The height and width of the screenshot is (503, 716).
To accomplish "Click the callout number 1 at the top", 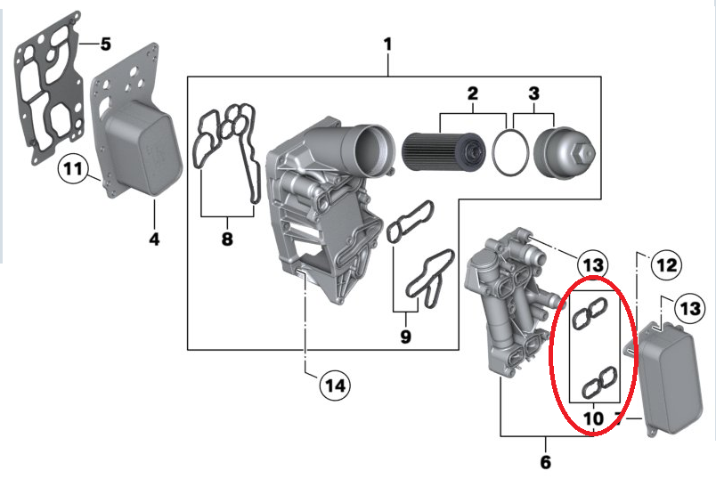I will click(387, 44).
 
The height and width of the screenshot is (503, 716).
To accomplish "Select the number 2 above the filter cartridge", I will click(473, 93).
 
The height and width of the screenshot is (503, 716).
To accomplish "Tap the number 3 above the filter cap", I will click(534, 93).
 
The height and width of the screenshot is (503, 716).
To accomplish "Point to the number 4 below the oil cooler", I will click(154, 239).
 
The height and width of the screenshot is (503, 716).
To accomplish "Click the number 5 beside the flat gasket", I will click(105, 44).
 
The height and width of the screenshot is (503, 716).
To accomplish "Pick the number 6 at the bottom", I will click(545, 462).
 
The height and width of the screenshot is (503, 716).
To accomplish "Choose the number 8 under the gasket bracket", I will click(226, 239).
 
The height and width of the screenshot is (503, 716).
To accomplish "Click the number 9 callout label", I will click(405, 337).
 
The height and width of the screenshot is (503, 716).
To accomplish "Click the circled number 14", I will click(335, 385).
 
